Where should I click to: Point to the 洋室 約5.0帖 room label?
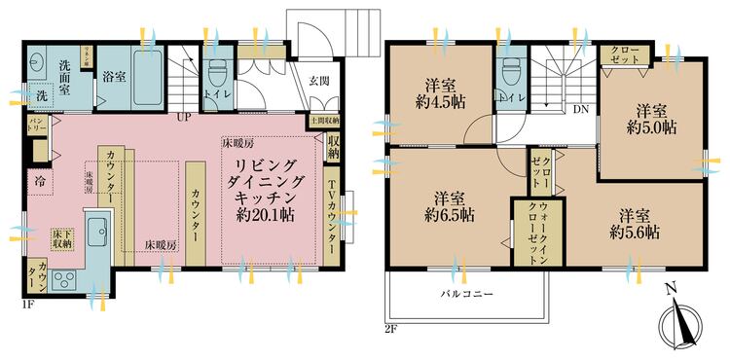point(651,118)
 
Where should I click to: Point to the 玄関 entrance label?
point(319,81)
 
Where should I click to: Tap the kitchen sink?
point(99,234)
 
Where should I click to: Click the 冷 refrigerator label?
point(43,180)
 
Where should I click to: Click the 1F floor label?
point(28,305)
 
